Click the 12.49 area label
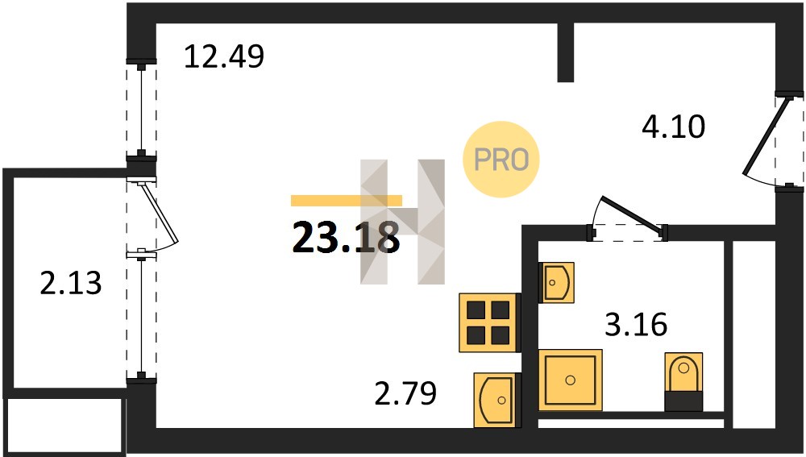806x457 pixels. [x=224, y=56]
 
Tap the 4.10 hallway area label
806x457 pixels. [x=673, y=127]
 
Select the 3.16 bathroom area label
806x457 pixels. [x=636, y=324]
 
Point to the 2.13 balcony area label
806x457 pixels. [x=71, y=283]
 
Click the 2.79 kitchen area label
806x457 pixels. [x=405, y=393]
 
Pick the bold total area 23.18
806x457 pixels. [x=346, y=238]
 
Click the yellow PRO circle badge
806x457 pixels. [x=501, y=160]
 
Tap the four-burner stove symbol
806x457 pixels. [x=488, y=323]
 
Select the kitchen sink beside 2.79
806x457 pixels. [x=494, y=400]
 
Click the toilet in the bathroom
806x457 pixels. [x=683, y=381]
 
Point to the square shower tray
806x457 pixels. [x=570, y=380]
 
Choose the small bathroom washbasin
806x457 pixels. [x=556, y=282]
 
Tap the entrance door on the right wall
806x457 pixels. [x=766, y=135]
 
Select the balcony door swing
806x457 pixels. [x=160, y=214]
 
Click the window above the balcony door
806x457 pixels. [x=141, y=109]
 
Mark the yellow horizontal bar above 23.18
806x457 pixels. [x=347, y=201]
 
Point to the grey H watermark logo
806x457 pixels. [x=402, y=222]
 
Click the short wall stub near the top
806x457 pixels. [x=566, y=52]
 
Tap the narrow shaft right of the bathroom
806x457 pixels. [x=754, y=334]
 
